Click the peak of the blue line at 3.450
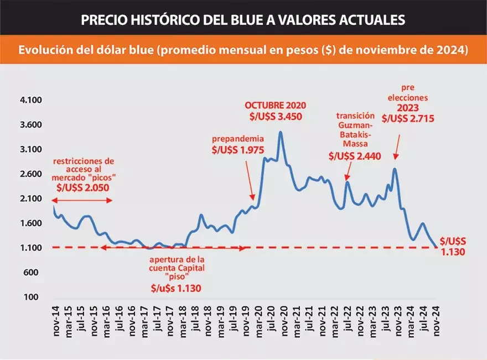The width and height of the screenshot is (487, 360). (281, 132)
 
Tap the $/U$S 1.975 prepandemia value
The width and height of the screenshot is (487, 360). (237, 149)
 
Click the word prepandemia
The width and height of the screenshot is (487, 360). (238, 139)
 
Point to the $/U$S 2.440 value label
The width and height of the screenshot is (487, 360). (355, 156)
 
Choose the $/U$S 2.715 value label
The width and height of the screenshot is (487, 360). (408, 118)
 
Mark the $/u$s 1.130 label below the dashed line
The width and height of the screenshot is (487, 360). (176, 288)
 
